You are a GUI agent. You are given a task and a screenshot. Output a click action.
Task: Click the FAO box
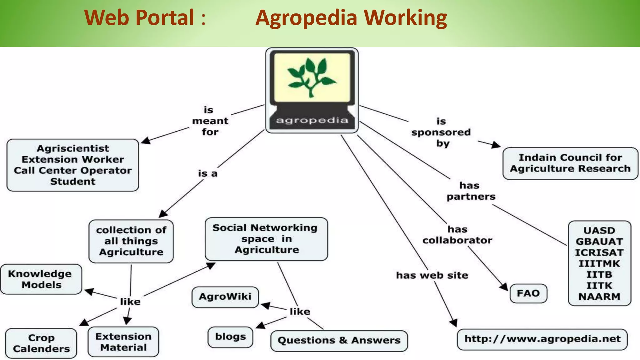528,293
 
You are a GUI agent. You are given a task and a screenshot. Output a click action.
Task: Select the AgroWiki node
225,297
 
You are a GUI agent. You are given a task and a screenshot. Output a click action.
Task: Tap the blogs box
230,337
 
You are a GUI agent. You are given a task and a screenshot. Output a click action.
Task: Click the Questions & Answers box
339,341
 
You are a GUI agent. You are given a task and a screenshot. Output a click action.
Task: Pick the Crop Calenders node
41,343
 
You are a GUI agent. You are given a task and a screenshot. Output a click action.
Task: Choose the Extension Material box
123,342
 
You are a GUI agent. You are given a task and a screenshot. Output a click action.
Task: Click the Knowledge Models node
41,279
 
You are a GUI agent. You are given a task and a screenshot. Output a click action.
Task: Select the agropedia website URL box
542,339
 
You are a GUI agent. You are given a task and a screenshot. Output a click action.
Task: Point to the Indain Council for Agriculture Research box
570,163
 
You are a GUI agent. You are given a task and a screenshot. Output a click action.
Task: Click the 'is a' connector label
207,173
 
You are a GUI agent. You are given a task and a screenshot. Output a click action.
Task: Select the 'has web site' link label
432,275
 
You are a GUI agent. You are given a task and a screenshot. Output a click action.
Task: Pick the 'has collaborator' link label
457,235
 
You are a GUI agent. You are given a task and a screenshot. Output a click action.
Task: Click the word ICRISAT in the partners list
599,252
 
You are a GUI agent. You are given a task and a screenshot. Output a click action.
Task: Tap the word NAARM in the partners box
599,297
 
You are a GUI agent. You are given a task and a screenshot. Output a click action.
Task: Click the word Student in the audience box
72,182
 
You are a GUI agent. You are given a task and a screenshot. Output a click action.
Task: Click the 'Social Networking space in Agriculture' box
266,239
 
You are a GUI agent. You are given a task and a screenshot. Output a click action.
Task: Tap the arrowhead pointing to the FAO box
504,287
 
